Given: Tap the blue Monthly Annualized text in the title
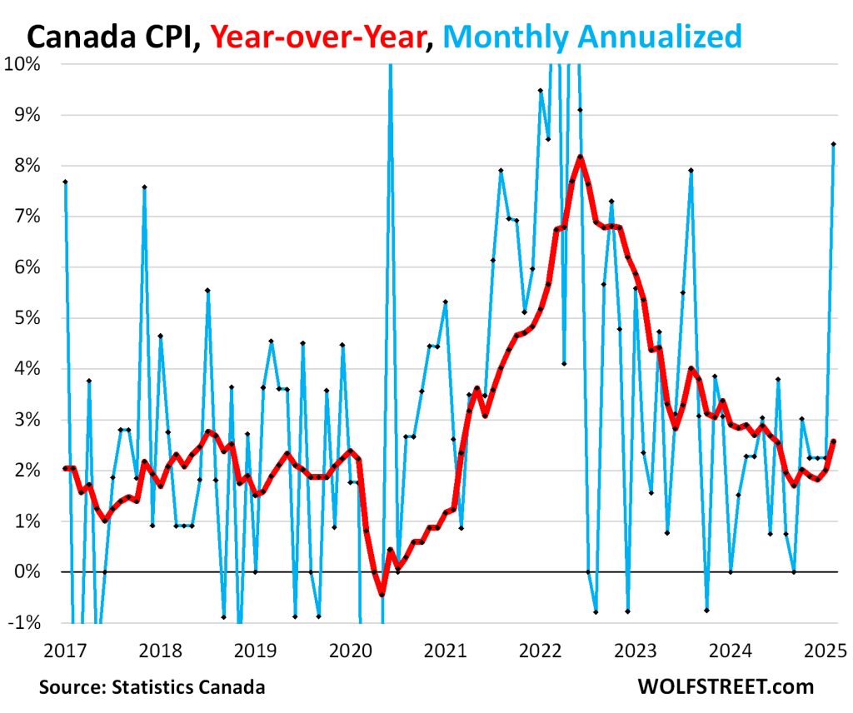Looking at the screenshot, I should (598, 36).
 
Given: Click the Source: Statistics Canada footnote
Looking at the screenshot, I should (152, 688).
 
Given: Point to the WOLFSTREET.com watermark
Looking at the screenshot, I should (725, 688).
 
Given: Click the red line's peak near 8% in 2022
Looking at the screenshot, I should (581, 157).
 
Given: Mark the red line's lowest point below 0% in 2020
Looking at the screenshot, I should (382, 594).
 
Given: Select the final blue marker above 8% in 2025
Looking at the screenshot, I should (833, 144).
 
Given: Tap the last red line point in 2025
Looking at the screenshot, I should (833, 441).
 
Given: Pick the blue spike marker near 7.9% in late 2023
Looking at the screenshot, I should (691, 171).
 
